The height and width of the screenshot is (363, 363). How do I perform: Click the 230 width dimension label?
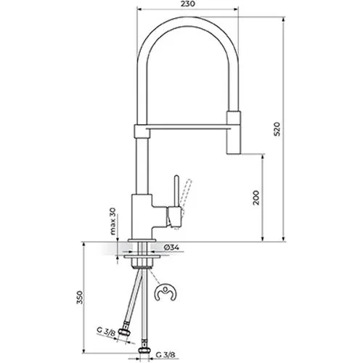187,4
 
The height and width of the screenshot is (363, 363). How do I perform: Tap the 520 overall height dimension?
277,129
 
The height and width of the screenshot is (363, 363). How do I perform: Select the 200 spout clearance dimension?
256,197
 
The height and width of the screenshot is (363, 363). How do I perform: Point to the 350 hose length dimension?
80,298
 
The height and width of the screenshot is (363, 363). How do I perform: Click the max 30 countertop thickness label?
113,221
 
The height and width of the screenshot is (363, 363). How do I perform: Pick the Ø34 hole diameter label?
171,248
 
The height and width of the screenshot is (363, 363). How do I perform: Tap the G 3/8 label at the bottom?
166,355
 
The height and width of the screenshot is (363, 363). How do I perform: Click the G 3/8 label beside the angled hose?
106,331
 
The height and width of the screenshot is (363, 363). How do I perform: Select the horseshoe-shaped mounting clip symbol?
166,293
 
